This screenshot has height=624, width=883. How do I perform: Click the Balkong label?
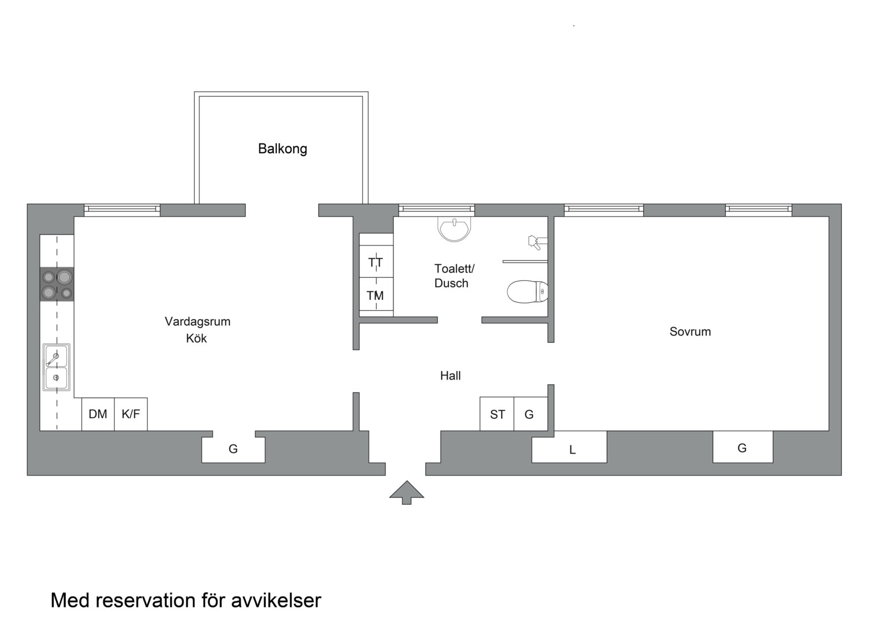[x=282, y=149]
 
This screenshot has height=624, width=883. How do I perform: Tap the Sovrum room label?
[x=690, y=332]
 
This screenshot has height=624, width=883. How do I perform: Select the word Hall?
[x=450, y=376]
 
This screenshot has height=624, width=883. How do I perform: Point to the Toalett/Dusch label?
[x=454, y=276]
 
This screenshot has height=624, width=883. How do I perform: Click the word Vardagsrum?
[x=198, y=322]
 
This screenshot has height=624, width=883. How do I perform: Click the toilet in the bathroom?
[x=527, y=292]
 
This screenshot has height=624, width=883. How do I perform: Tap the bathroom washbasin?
[x=454, y=229]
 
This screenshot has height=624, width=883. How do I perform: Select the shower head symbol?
[x=537, y=242]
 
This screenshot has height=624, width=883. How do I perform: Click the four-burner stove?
[x=57, y=284]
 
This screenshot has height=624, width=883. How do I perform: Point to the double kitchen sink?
[x=57, y=367]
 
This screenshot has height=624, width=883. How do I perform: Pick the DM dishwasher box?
[x=98, y=414]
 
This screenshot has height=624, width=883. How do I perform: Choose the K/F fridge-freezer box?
[x=131, y=414]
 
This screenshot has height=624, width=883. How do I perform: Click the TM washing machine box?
[x=376, y=296]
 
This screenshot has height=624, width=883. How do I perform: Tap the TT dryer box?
[x=376, y=261]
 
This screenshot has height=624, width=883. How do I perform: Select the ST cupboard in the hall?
[x=497, y=414]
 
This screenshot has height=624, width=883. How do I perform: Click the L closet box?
[x=569, y=447]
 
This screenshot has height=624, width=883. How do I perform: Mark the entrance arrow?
[x=407, y=492]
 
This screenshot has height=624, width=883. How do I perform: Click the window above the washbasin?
[x=436, y=210]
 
